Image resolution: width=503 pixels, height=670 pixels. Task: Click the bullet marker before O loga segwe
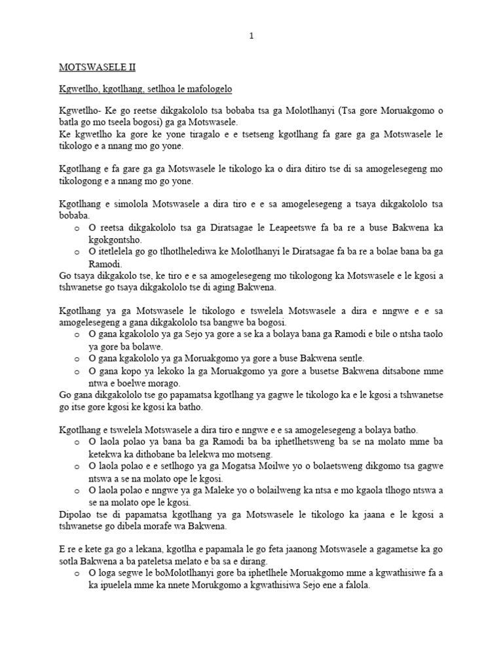(x=77, y=574)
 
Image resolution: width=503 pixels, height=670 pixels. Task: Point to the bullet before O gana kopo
(x=77, y=371)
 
